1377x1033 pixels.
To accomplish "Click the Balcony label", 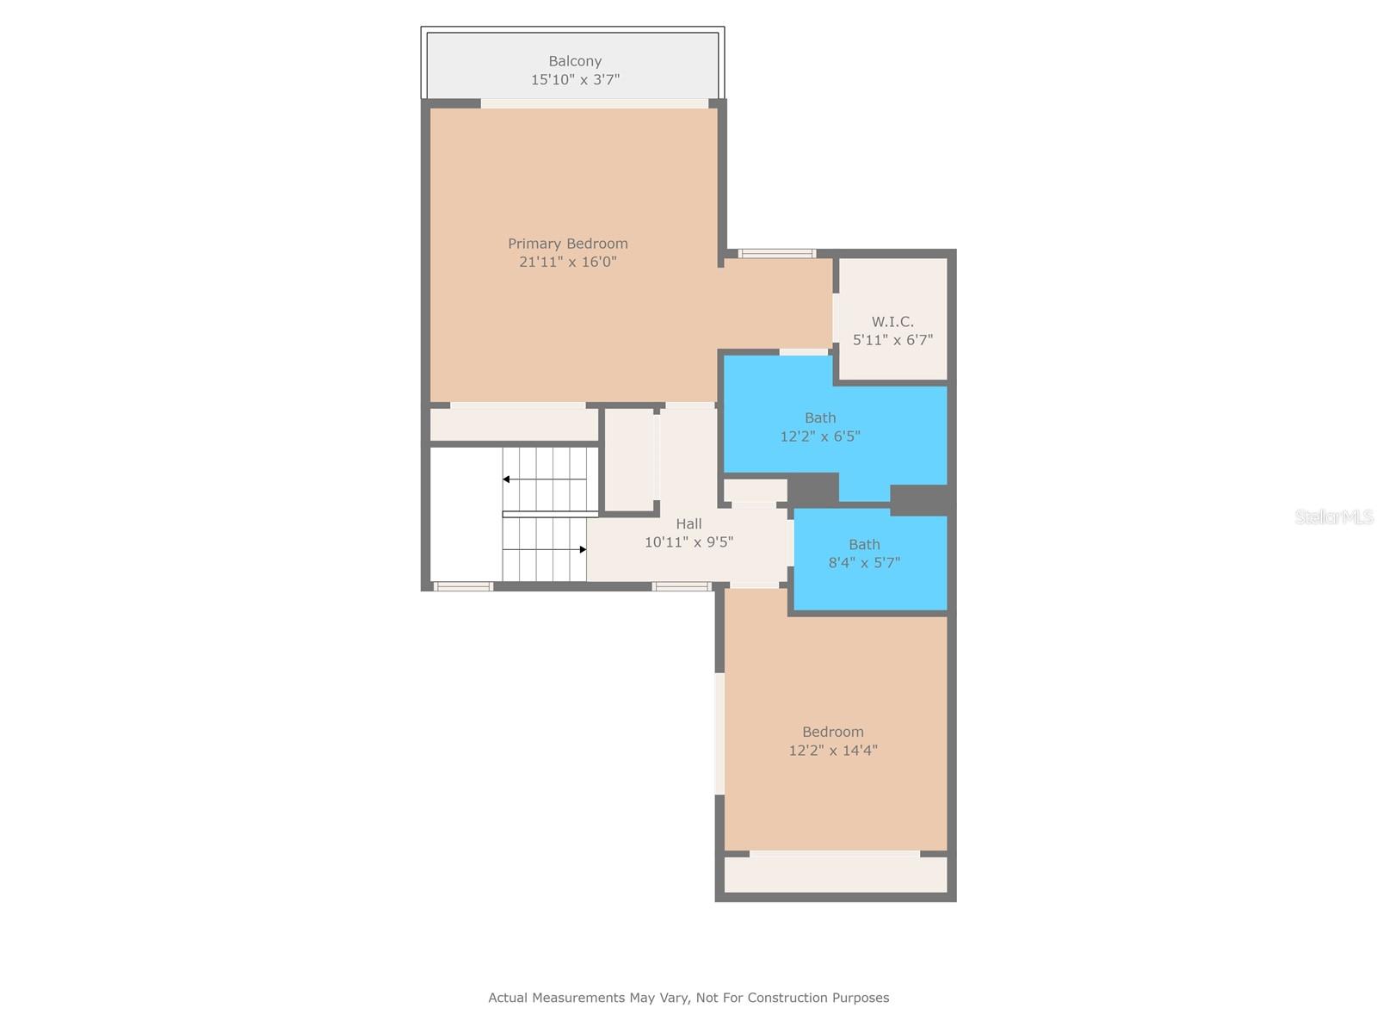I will click(x=575, y=61).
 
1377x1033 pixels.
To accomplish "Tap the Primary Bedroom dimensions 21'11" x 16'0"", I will click(x=568, y=262).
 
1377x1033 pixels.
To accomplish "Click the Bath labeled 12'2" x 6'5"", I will click(x=820, y=427).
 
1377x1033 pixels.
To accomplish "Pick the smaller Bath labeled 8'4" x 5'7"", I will click(x=864, y=554).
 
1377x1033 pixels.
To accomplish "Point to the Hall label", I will click(x=688, y=523).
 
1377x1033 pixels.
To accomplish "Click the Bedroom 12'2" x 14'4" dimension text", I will click(x=833, y=750).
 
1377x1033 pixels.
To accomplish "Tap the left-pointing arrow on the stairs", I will click(x=507, y=479).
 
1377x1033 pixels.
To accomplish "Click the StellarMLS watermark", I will click(x=1333, y=516).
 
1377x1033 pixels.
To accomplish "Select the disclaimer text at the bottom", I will click(x=688, y=998).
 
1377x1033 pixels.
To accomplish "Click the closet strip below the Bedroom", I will click(x=835, y=875).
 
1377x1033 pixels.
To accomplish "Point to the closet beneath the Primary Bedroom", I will click(x=514, y=424).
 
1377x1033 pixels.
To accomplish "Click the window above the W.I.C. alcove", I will click(x=777, y=253).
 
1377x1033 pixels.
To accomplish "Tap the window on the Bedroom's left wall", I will click(x=719, y=733).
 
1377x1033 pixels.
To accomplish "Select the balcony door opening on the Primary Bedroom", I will click(x=594, y=103).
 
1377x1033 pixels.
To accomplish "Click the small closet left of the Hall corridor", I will click(x=630, y=460).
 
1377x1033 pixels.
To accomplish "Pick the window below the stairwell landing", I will click(x=463, y=586).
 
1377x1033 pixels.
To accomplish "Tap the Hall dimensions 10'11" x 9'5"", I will click(x=688, y=542).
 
